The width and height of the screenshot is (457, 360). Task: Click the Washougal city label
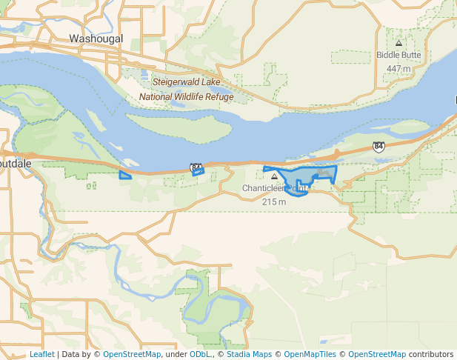[96, 39]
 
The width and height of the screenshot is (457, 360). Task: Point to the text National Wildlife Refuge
[186, 97]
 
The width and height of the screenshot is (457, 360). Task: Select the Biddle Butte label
[398, 55]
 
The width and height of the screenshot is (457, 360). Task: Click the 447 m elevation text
[398, 69]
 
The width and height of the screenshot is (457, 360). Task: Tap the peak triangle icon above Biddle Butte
[398, 43]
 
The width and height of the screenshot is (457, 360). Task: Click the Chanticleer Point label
[274, 188]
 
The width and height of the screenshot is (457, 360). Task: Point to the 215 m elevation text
[274, 201]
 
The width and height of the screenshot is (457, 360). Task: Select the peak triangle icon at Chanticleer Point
[275, 176]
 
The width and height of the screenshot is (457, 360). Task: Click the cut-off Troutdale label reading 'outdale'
[14, 162]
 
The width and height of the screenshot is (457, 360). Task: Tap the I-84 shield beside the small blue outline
[196, 167]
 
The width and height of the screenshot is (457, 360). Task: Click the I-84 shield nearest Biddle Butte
[378, 147]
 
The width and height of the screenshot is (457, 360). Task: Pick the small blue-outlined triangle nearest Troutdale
[125, 176]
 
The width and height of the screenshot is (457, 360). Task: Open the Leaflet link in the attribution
[41, 354]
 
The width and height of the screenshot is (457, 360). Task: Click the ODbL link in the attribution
[199, 354]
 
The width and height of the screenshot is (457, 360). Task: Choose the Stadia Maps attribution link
[249, 354]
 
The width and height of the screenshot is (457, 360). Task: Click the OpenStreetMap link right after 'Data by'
[131, 354]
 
